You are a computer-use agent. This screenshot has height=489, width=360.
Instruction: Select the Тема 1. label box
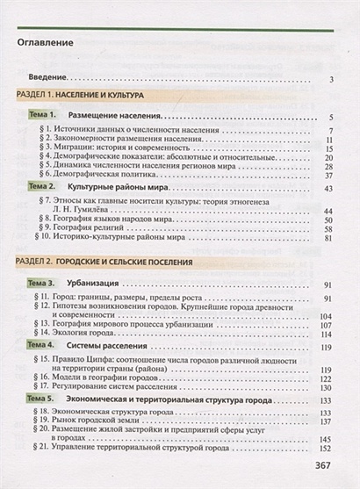coord(41,115)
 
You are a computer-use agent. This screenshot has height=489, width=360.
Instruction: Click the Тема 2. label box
coord(41,188)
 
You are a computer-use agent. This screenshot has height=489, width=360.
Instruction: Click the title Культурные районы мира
coord(118,188)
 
